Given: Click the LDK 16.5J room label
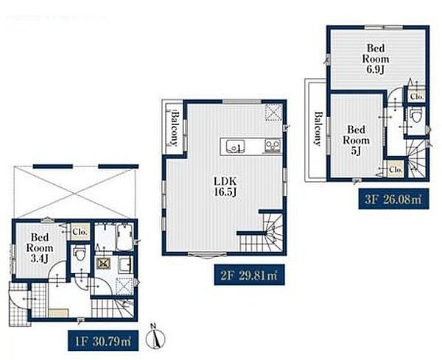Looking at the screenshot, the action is [225, 186].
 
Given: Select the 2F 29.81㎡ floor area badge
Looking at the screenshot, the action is [249, 275].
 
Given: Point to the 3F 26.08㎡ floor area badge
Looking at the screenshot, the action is [393, 199].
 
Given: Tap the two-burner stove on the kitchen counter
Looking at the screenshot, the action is [273, 146].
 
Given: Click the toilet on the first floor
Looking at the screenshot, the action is [80, 255].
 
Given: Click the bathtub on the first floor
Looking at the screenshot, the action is [125, 237].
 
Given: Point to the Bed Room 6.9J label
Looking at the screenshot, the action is [376, 59].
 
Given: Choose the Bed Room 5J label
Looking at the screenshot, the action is [357, 141].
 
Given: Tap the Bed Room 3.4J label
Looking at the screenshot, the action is [40, 248].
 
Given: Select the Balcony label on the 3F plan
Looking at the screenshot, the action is [318, 129].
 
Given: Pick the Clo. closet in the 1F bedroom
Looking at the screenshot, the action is [80, 232].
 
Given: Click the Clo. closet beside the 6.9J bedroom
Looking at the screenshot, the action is [416, 96].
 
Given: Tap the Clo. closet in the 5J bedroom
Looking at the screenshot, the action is [396, 169].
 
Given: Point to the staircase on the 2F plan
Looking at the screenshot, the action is [262, 233].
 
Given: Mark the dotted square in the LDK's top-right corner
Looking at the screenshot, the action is [273, 112].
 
